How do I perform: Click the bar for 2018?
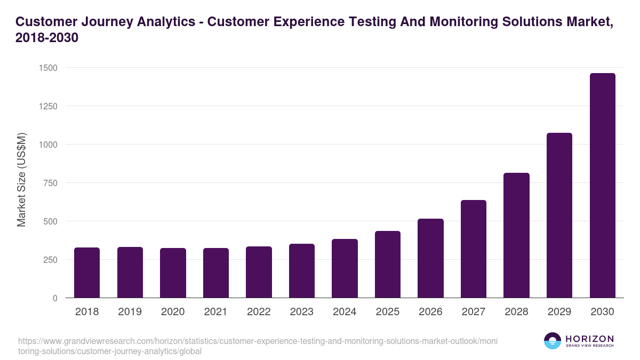coord(87,273)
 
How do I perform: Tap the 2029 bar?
coord(559,215)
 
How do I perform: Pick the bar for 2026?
coord(430,258)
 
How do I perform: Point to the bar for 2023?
coord(302,271)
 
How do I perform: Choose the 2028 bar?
coord(516,235)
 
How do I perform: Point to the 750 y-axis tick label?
coord(50,183)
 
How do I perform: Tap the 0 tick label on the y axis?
coord(55,298)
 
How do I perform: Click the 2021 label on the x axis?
coord(216,312)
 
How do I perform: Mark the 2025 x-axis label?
coord(388,312)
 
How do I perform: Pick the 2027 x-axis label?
coord(474,312)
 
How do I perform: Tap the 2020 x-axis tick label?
coord(173,312)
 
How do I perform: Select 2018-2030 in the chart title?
coord(47,38)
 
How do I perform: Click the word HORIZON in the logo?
coord(589,339)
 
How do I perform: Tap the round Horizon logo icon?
coord(553,341)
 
